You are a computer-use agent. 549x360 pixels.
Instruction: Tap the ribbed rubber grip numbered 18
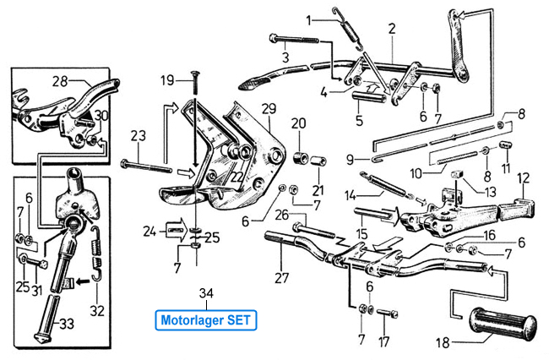(x=503, y=326)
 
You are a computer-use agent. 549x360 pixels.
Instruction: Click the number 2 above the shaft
(x=392, y=28)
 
